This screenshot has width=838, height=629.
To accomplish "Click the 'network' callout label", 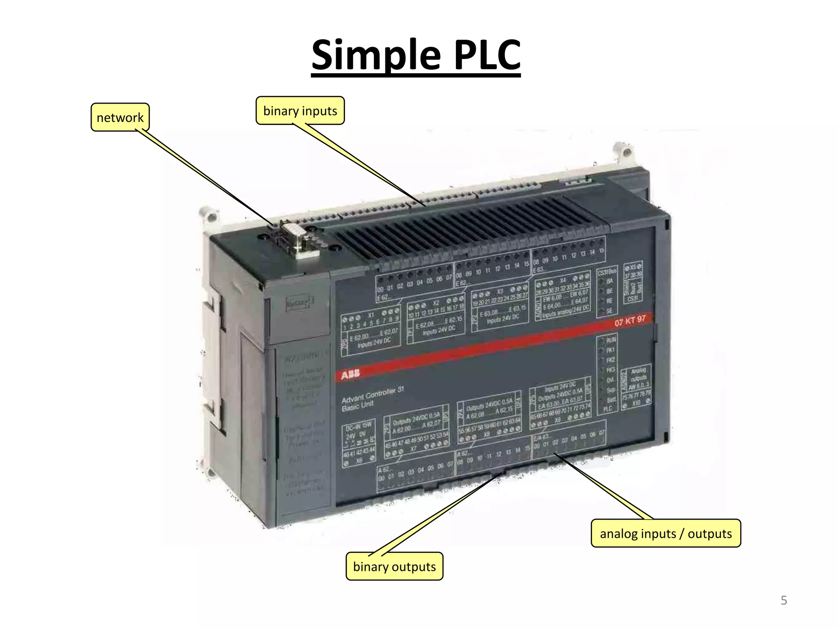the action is pos(120,118).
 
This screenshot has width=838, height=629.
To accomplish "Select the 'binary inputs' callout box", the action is pos(300,111).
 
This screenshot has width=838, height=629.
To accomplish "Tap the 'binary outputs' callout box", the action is pos(394,566).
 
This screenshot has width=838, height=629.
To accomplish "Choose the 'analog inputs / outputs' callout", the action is pos(666,534).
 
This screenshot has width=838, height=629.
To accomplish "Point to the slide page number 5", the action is pos(784,600).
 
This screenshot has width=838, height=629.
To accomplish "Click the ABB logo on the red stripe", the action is pos(350,374).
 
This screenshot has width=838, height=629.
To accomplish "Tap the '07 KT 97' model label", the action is pos(630,321).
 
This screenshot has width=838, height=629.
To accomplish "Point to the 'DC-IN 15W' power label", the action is pos(358,426).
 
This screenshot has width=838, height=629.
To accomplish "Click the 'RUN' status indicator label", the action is pos(610,340).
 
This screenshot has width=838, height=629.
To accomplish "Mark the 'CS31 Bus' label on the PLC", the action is pos(607,272).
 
